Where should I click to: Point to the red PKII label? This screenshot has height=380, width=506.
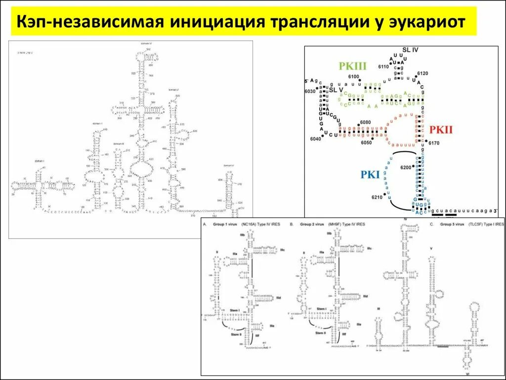pos(441,130)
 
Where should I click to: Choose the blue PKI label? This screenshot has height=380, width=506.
pos(371,174)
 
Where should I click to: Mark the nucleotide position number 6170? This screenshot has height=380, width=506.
pos(434,143)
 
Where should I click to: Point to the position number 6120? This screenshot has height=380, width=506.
pos(422,73)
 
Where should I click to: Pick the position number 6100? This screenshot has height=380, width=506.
pos(354,76)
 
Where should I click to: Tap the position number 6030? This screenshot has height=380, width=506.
pos(310,92)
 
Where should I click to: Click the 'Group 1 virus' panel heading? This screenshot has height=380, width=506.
pos(225,224)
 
